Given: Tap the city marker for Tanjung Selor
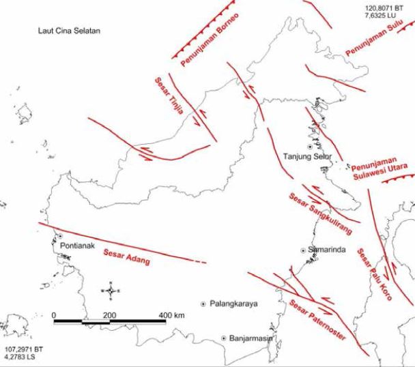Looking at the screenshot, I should (310, 147).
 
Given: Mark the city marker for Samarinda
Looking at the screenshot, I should (303, 250).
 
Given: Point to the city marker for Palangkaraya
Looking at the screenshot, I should (203, 304).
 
